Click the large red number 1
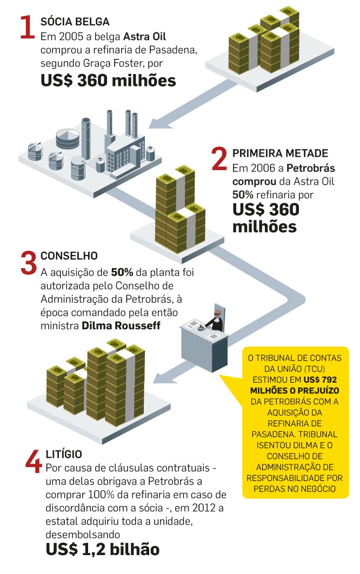pos(27,28)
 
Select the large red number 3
pos(28,263)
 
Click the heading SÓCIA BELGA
pos(75,22)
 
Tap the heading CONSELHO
pos(69,256)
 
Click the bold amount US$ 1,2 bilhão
pos(103,550)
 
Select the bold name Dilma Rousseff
pos(121,326)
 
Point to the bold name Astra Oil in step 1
pos(144,37)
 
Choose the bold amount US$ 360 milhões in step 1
pos(108,81)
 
